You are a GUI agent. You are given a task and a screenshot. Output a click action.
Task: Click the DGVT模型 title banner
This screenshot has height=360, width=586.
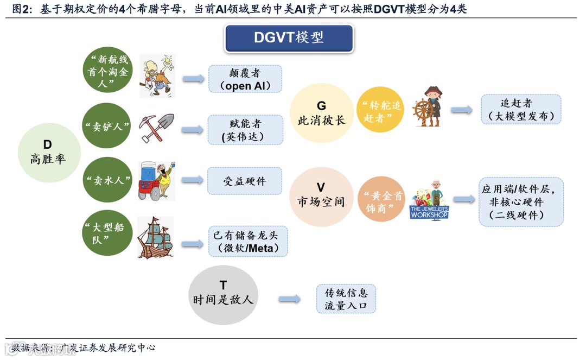tap(289, 38)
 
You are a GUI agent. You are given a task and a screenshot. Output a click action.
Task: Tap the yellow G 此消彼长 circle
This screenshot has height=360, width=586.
tap(321, 113)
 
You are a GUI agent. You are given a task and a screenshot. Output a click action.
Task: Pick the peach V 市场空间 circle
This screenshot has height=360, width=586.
tap(321, 194)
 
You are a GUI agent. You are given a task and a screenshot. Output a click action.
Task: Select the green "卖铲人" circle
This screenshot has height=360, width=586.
tap(107, 126)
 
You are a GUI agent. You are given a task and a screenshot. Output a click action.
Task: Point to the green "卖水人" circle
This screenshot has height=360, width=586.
tap(107, 180)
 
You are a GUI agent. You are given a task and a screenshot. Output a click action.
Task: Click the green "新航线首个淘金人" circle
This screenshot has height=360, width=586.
tap(107, 70)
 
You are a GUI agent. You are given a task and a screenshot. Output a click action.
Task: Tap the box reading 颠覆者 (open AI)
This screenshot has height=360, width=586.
tap(245, 79)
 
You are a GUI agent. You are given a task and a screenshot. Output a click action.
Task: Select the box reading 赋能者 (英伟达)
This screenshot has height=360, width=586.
tap(245, 129)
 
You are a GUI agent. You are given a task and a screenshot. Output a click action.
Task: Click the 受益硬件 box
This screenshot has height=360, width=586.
tap(245, 181)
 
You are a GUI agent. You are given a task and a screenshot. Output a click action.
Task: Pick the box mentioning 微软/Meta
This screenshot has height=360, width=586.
tap(247, 241)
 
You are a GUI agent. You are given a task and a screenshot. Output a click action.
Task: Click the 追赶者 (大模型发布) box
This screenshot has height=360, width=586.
tap(520, 109)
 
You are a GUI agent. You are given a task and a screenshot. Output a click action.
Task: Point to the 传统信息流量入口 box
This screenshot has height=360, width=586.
tap(346, 299)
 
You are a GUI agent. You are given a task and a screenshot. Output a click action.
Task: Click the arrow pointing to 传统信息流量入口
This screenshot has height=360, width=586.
tap(290, 299)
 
